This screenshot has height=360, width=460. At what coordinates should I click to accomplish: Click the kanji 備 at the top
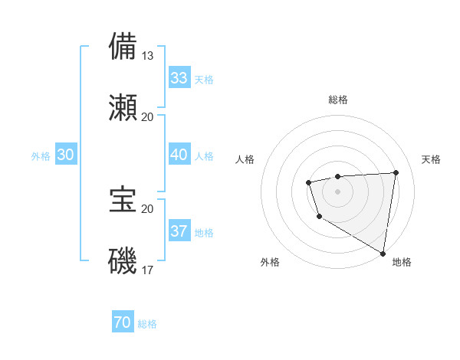click(123, 45)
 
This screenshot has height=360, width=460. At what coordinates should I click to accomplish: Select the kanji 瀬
click(123, 107)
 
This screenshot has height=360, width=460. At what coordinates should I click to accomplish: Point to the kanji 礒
click(123, 260)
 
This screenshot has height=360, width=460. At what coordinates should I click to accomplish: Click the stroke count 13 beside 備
click(148, 55)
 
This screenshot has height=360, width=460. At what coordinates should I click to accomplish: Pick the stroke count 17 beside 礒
click(148, 270)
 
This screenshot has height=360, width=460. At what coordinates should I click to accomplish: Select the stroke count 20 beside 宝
click(148, 208)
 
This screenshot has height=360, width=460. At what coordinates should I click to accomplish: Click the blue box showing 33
click(179, 78)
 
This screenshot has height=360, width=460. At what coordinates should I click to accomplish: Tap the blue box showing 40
click(179, 155)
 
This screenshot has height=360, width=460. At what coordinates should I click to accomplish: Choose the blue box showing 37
click(179, 231)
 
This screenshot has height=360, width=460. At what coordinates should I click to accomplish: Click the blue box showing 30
click(66, 155)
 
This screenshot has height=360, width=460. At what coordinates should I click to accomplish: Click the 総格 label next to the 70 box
click(147, 324)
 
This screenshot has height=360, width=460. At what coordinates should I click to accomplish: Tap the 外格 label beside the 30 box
click(41, 156)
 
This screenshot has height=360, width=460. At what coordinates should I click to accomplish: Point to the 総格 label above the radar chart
click(337, 100)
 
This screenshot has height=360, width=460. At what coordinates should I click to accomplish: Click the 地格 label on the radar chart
click(402, 262)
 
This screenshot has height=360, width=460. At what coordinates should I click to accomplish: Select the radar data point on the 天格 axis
click(396, 172)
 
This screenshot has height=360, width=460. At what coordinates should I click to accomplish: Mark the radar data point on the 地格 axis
click(383, 253)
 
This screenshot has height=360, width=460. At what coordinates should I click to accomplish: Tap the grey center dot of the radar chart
click(337, 191)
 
